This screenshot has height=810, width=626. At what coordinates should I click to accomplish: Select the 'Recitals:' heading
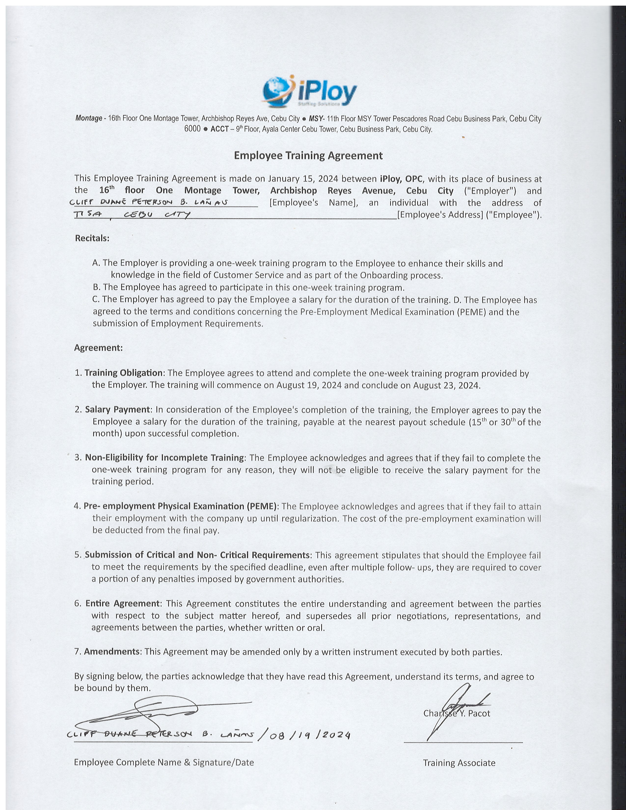pos(92,238)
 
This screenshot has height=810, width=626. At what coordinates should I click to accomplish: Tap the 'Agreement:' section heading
pos(98,348)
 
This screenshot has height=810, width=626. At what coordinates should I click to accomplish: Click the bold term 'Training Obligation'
pos(123,373)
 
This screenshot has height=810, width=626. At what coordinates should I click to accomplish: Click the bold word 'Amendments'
pos(112,652)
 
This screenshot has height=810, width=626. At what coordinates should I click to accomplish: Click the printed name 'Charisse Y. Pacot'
pos(457,713)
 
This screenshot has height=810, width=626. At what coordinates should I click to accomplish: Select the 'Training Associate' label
pos(459,763)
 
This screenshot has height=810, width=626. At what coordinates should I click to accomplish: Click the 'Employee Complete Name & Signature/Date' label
pos(164,762)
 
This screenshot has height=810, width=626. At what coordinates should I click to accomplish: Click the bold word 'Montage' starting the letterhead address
pos(89,118)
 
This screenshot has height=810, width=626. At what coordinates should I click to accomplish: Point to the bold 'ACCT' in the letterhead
pos(219,129)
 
